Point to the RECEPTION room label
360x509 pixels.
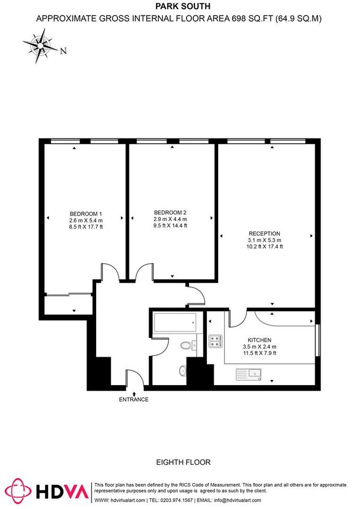click(x=264, y=233)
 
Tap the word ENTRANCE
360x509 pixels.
click(x=134, y=400)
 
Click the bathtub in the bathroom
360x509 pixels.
click(x=174, y=323)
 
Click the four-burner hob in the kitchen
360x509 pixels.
click(x=215, y=340)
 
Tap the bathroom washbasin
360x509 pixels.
click(x=183, y=371)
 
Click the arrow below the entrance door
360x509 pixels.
click(x=134, y=392)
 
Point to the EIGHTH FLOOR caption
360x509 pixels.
click(x=183, y=462)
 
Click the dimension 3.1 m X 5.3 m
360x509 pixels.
click(x=264, y=240)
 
